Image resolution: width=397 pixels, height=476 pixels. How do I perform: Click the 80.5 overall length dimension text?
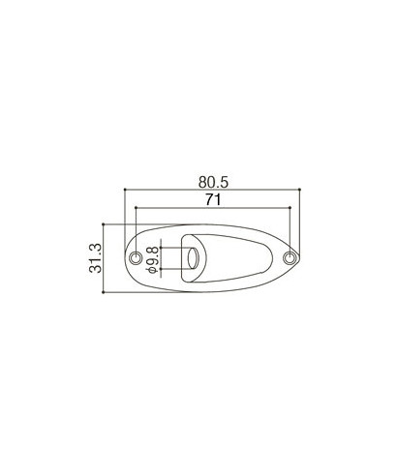[x=214, y=180]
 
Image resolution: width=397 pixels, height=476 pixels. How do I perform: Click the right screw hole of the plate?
[x=291, y=258]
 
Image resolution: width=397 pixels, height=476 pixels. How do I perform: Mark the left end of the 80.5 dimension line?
[x=124, y=190]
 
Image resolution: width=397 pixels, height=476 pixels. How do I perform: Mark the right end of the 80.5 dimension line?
[x=305, y=190]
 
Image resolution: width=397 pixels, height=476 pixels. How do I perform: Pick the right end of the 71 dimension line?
[x=291, y=207]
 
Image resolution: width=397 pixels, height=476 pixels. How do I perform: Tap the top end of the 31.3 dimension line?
[x=106, y=223]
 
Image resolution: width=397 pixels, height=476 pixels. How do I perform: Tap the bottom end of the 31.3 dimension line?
[x=106, y=294]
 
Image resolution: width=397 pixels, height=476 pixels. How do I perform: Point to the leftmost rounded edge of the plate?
[x=124, y=258]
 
